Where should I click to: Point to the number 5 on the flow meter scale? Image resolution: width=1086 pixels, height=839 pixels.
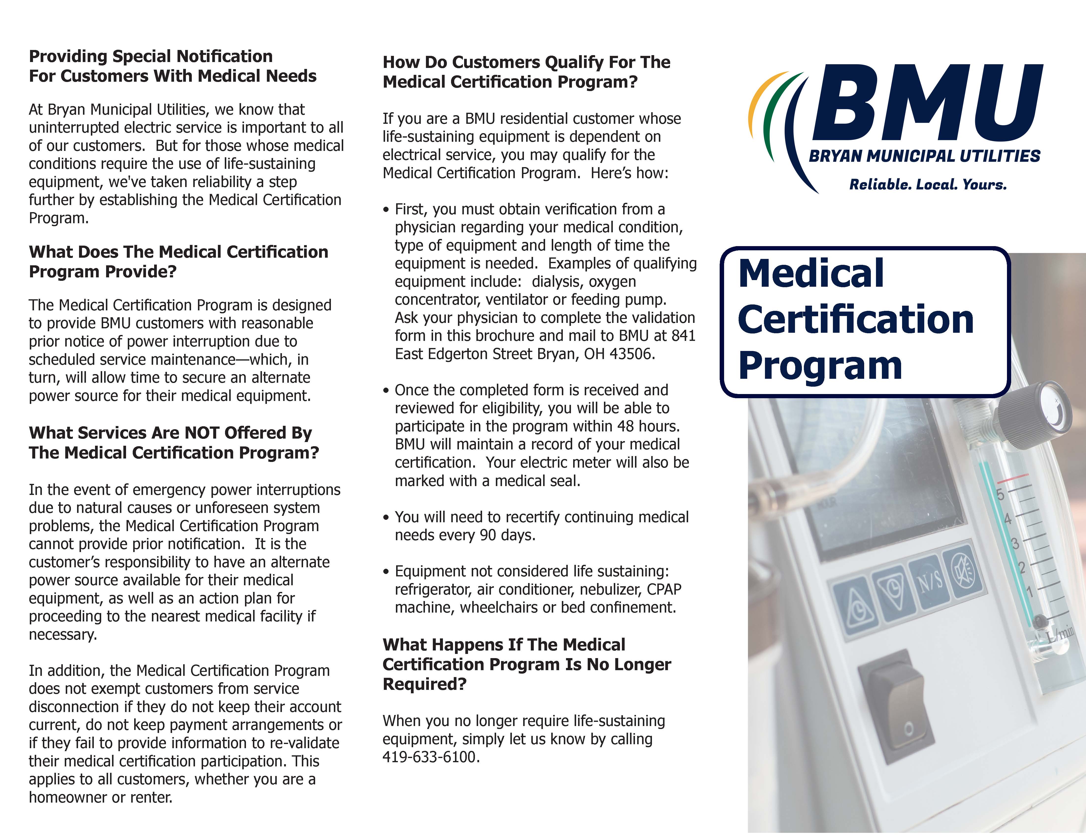1001,494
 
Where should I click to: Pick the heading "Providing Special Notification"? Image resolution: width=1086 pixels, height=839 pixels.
151,56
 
